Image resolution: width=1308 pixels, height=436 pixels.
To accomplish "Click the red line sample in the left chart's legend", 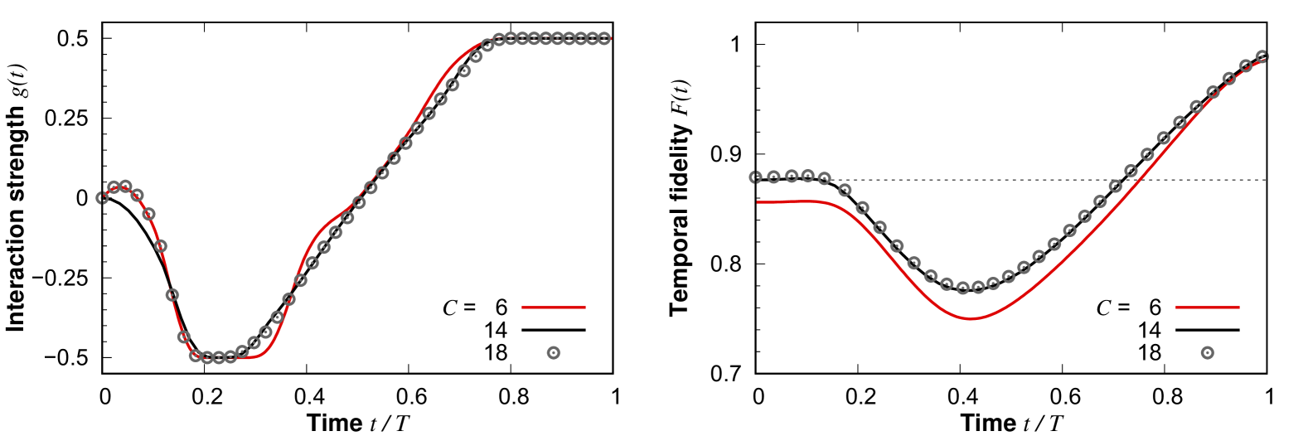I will pos(554,308).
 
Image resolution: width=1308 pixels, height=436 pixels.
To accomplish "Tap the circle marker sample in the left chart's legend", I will pos(554,353).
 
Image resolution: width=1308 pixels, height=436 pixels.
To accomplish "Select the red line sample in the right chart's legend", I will pos(1207,308).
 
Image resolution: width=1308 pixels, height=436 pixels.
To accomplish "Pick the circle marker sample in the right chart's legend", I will pos(1207,353).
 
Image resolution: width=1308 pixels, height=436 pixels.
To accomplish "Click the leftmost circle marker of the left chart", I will pos(102,198).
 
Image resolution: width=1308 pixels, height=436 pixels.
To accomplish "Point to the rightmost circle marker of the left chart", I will pos(604,38).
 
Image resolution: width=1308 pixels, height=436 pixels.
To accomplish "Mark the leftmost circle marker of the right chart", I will pos(755,177).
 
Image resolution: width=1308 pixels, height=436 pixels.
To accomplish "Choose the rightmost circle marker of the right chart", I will pos(1262,56).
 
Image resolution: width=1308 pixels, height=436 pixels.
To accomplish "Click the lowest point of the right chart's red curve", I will pos(970,319).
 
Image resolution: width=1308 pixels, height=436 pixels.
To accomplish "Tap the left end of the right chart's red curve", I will pos(758,202).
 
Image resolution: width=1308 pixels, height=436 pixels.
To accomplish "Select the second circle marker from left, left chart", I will pos(114,187).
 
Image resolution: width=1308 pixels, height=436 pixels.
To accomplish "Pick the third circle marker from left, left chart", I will pos(126,186).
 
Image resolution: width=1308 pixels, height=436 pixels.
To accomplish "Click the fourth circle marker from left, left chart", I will pos(138,196).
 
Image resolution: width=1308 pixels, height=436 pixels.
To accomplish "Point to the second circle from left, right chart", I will pos(773,177).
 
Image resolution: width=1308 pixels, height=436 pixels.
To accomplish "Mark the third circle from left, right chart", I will pos(792,176).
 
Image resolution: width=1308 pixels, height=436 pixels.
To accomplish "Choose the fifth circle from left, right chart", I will pos(824,178).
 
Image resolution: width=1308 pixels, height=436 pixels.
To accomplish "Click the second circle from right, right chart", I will pos(1245,66).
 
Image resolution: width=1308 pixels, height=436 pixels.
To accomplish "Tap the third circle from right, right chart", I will pos(1228,79).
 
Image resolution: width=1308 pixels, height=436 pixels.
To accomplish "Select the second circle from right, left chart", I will pos(593,38).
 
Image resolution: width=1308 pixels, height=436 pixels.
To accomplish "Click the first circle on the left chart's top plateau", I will pos(499,38).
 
